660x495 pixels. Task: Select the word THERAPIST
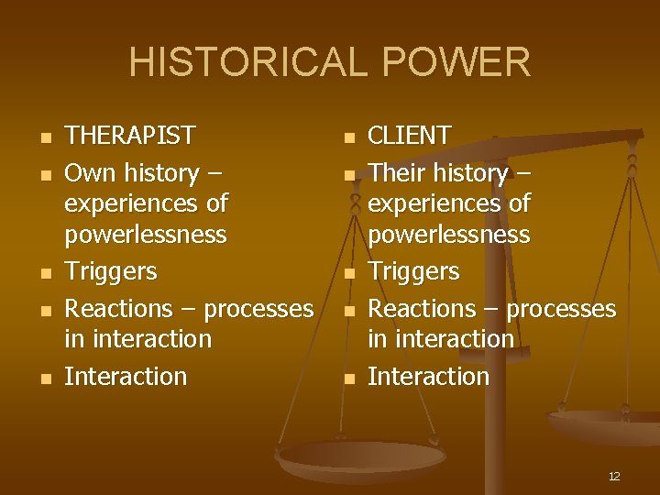[x=129, y=137]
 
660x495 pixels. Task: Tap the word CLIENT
[x=409, y=137]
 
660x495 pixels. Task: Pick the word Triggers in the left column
[x=111, y=272]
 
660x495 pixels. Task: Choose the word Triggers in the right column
[x=413, y=272]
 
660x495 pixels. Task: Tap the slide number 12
[x=614, y=476]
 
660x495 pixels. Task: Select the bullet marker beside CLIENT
[x=347, y=137]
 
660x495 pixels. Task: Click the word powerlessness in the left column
[x=145, y=235]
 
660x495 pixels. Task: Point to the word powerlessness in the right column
[x=448, y=235]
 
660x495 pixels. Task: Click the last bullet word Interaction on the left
[x=126, y=377]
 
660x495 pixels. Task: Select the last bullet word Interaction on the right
[x=428, y=377]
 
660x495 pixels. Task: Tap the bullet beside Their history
[x=347, y=174]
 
